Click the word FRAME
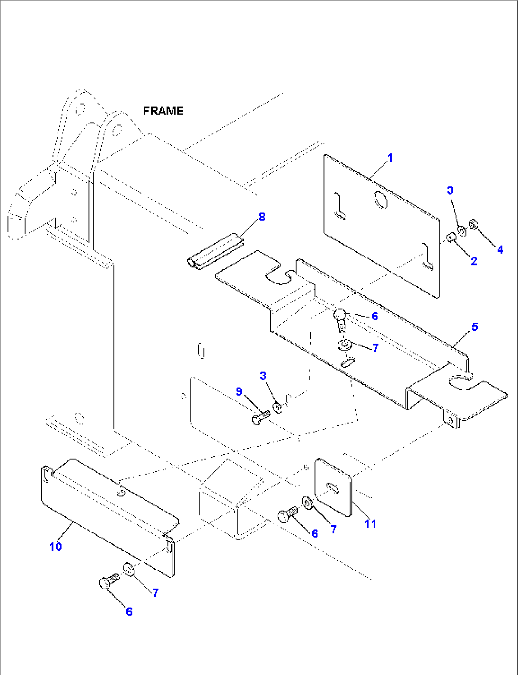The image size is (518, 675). (163, 111)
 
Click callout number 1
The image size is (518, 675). (390, 158)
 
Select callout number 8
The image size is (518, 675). (262, 217)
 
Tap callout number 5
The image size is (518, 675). (474, 327)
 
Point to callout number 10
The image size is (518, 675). (56, 546)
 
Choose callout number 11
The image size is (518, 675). (370, 523)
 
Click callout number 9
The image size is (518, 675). (239, 392)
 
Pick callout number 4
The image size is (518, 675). (500, 249)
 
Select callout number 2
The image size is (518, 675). (474, 261)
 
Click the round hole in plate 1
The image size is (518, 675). (380, 200)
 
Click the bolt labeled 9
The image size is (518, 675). (259, 418)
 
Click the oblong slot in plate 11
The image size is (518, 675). (333, 488)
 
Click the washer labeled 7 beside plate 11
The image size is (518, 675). (307, 502)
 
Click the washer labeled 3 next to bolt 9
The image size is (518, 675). (277, 407)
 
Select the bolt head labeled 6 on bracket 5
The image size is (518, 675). (340, 315)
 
